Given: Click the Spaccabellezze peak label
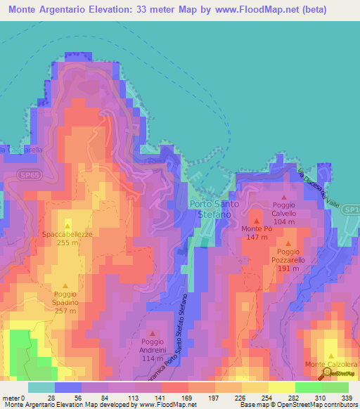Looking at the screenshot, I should pyautogui.click(x=67, y=233).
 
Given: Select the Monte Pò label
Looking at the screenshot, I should pyautogui.click(x=256, y=229).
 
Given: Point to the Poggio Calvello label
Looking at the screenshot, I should pyautogui.click(x=285, y=209).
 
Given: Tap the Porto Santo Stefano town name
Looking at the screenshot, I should pyautogui.click(x=214, y=209).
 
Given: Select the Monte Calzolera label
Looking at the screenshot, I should pyautogui.click(x=330, y=364).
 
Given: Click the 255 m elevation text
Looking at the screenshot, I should pyautogui.click(x=67, y=242).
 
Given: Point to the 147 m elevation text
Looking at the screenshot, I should pyautogui.click(x=256, y=238).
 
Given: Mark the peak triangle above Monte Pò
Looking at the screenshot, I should pyautogui.click(x=256, y=220).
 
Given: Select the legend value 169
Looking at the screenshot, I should pyautogui.click(x=186, y=398).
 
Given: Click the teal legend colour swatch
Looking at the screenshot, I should pyautogui.click(x=41, y=387).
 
